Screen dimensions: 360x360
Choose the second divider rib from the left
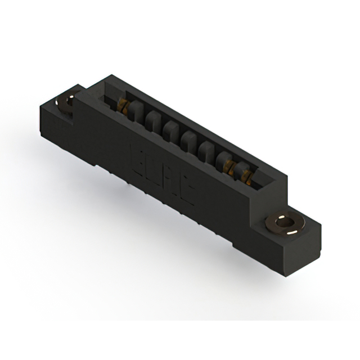[x=152, y=119]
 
